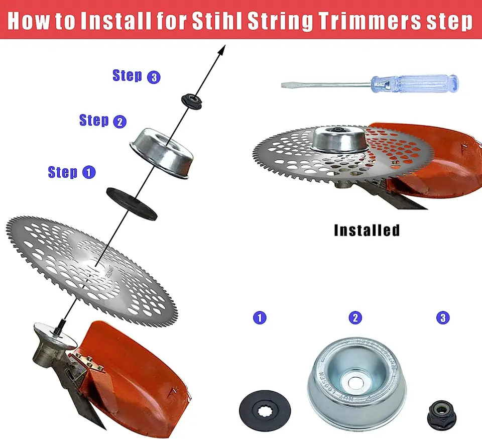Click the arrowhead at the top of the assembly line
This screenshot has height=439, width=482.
point(222,50)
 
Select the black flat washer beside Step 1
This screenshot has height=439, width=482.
point(132,203)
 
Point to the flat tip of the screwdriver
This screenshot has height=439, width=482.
point(285,85)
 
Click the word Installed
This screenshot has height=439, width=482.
point(367,231)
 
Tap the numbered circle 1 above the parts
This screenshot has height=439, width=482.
point(260,317)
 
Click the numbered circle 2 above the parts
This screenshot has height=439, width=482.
point(355,317)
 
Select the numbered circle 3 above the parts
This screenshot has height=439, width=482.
point(443,317)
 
